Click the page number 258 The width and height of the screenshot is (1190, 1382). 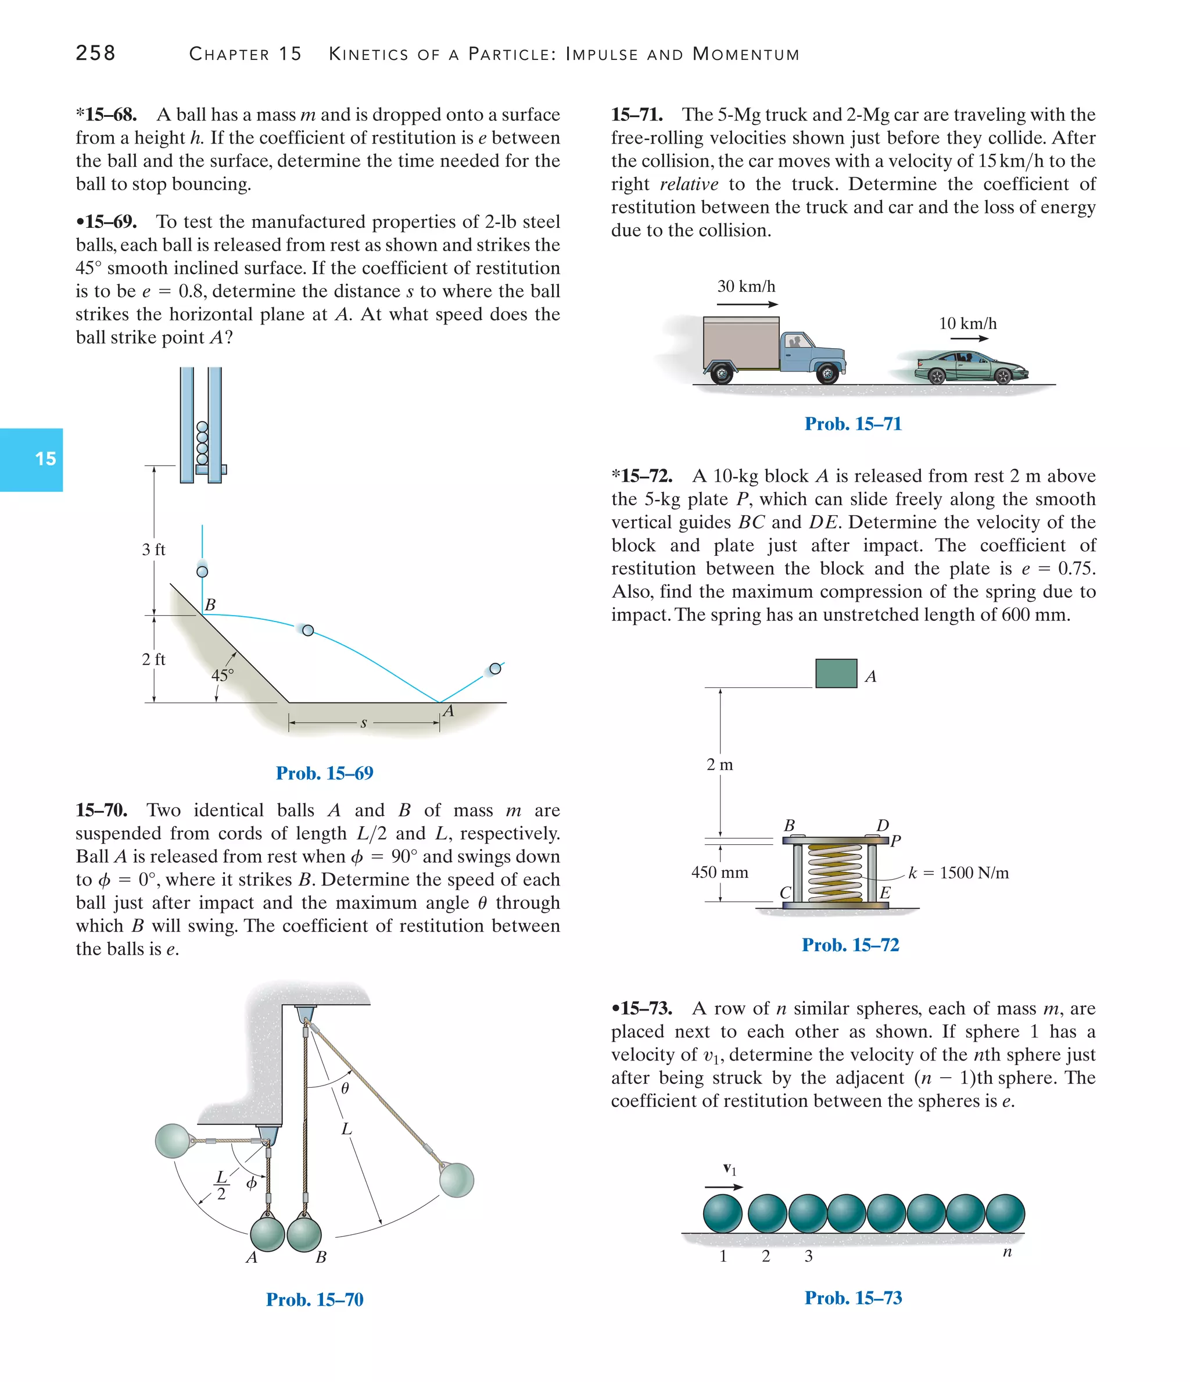pos(95,53)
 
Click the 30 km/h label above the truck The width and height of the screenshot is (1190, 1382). pos(746,287)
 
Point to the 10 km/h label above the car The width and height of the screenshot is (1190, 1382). pos(967,324)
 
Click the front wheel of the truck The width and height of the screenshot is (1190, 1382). pos(827,373)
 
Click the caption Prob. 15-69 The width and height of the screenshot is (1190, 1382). pos(325,773)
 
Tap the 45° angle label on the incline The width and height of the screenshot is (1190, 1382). pos(222,675)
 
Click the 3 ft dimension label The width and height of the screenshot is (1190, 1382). pos(153,549)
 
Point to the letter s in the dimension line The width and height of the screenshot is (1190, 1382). pos(363,723)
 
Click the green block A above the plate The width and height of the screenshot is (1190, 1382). pos(836,673)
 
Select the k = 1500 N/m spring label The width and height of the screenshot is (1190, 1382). pos(958,873)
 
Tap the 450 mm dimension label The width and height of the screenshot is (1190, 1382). pos(719,873)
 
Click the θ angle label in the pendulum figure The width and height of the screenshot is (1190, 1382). pos(345,1088)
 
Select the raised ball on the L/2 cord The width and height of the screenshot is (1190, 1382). pos(173,1141)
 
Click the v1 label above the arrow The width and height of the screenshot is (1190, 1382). pos(730,1169)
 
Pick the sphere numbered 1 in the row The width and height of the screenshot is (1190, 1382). pos(723,1213)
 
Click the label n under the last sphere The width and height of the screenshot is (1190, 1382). pos(1006,1252)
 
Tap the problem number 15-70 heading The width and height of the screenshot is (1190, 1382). pos(101,810)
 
